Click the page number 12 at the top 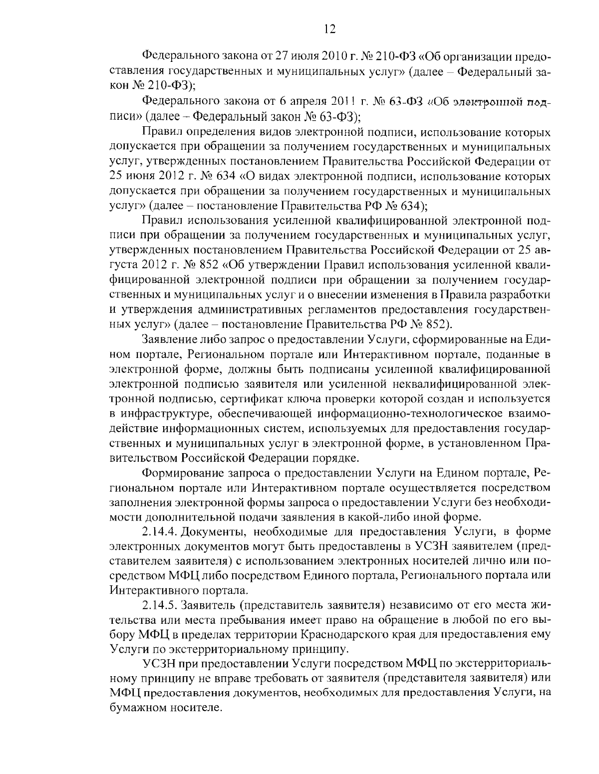(x=329, y=28)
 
